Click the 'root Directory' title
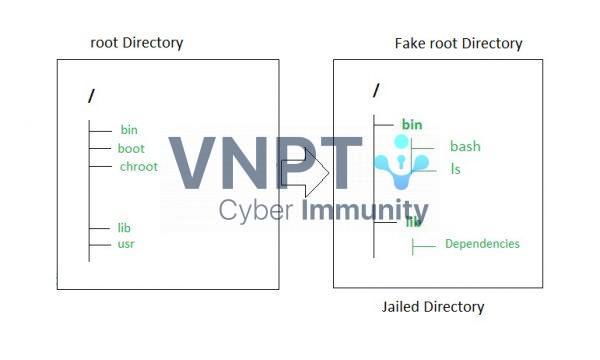coord(136,43)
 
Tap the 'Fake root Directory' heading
coord(458,43)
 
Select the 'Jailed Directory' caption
coord(433,306)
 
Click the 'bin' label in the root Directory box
coord(129,129)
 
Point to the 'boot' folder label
coord(131,148)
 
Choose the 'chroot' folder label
coord(138,166)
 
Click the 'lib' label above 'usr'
coord(125,228)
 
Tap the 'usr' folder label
coord(126,244)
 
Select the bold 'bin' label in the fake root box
coord(412,124)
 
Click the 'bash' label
coord(465,146)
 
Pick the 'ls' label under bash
coord(455,169)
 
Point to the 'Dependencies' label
coord(482,244)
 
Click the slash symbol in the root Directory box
coord(92,96)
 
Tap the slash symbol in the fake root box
coord(376,91)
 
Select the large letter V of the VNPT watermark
coord(194,163)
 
